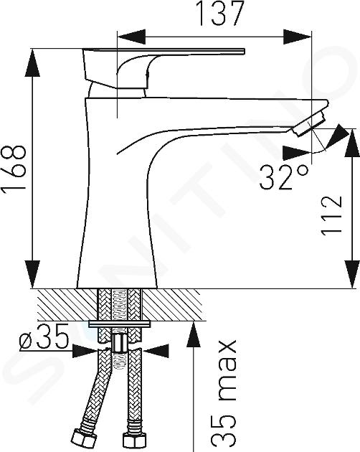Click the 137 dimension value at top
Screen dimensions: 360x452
click(x=219, y=13)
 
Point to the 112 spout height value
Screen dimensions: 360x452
click(x=331, y=216)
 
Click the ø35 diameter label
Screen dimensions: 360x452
click(x=44, y=336)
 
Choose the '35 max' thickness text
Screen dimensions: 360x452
click(x=224, y=395)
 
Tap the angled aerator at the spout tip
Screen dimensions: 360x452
click(x=309, y=124)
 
